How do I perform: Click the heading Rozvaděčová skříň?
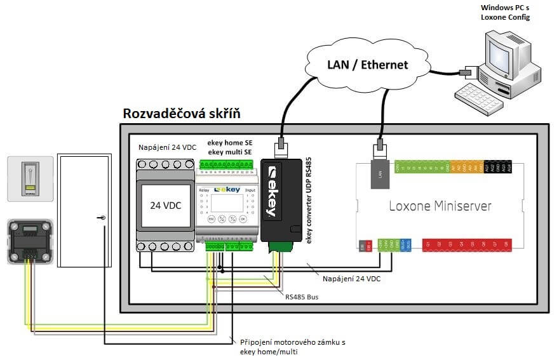click(181, 115)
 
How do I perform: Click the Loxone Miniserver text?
click(440, 206)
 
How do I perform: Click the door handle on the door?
click(102, 218)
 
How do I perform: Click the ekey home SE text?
click(230, 143)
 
